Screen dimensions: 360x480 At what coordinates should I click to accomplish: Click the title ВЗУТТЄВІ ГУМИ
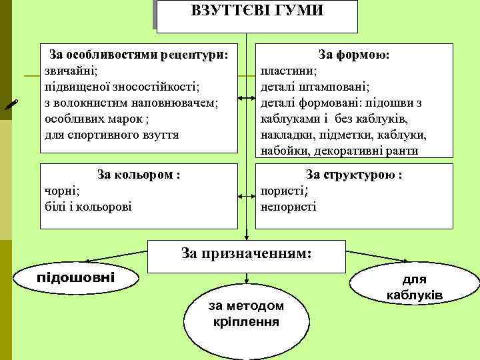click(x=257, y=11)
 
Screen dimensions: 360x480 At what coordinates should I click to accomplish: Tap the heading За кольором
click(x=139, y=175)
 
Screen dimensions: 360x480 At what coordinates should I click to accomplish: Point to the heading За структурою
click(x=353, y=175)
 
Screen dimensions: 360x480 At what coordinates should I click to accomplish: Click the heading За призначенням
click(x=246, y=253)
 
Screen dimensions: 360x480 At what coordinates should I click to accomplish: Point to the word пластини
click(x=288, y=70)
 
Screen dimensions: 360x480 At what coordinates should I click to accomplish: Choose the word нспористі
click(x=289, y=207)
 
